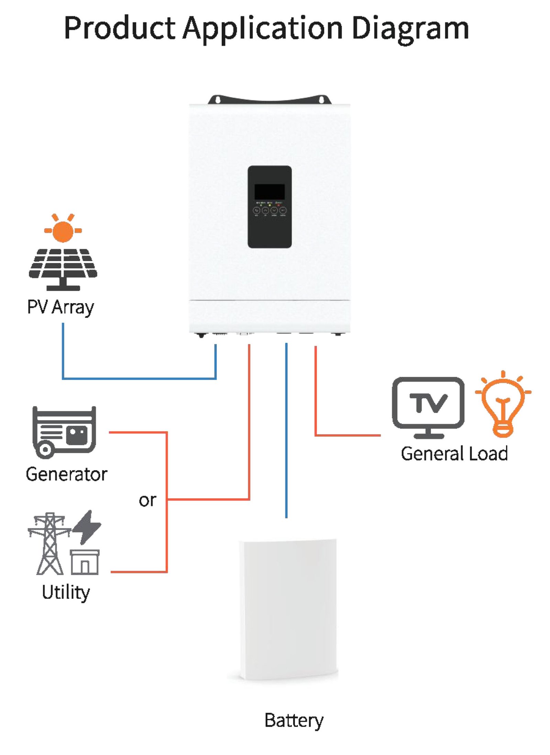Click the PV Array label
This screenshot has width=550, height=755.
[x=60, y=307]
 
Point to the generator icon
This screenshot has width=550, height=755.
[x=64, y=432]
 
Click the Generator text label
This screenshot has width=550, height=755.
[x=67, y=474]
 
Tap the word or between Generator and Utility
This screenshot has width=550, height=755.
[x=147, y=500]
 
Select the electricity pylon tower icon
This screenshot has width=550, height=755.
[x=49, y=543]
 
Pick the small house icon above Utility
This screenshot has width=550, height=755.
[x=85, y=562]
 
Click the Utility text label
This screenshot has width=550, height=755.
[x=66, y=592]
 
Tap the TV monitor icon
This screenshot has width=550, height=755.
[x=428, y=407]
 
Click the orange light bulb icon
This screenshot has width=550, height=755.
[x=503, y=404]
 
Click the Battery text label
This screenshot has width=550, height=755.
[x=294, y=720]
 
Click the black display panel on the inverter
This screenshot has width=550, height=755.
[x=269, y=207]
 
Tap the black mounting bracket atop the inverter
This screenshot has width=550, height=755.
[x=269, y=99]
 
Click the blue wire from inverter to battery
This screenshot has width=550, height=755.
[x=286, y=430]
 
